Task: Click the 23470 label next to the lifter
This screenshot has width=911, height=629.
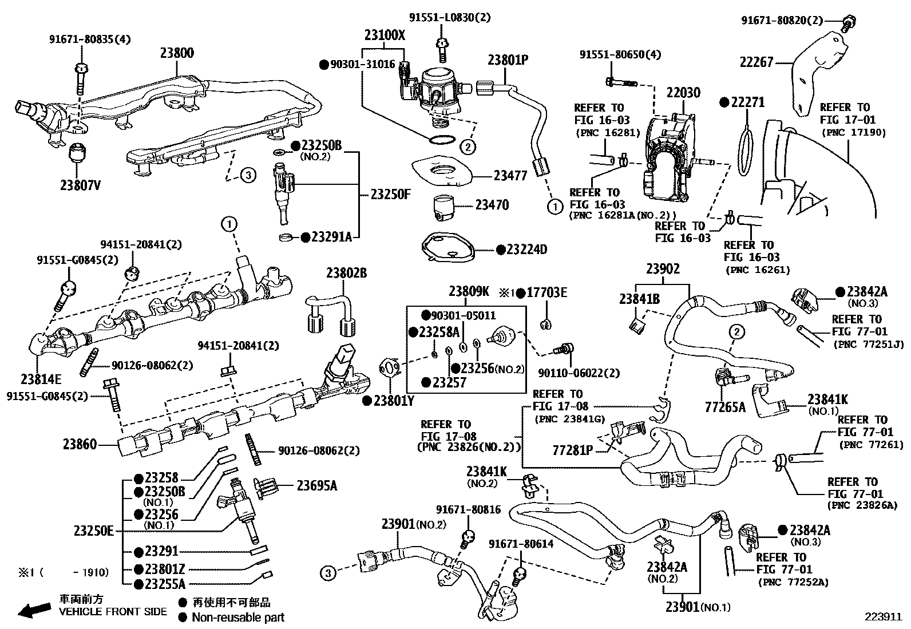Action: [x=492, y=204]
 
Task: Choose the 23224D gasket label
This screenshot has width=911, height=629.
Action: [x=526, y=250]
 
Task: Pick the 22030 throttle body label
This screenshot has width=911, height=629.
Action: [x=683, y=93]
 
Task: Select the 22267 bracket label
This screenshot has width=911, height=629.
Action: [x=756, y=62]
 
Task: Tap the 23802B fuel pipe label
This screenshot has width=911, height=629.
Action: [x=346, y=273]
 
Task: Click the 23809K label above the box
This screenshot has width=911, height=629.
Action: [x=469, y=291]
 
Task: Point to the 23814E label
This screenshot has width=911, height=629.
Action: [x=41, y=378]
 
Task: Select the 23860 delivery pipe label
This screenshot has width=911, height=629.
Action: [x=80, y=444]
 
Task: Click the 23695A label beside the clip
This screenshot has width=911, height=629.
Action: [x=316, y=486]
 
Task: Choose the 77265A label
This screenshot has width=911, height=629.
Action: [x=725, y=407]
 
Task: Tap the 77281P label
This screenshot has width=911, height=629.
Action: [x=573, y=450]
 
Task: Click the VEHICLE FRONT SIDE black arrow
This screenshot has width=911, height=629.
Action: [x=34, y=611]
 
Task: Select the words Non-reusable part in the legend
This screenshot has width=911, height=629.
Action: [x=237, y=617]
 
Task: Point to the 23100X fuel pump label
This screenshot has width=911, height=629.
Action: [x=385, y=35]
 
